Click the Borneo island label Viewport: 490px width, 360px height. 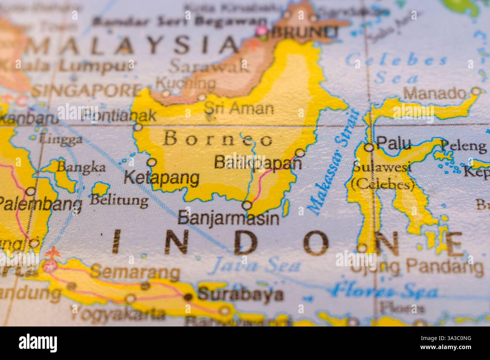point(218,139)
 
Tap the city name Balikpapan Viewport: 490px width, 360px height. point(258,162)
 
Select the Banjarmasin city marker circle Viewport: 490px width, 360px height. point(247,206)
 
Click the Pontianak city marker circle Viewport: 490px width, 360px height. point(138,127)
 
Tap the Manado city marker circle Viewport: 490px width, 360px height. point(477,91)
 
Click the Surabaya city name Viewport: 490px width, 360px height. point(240,294)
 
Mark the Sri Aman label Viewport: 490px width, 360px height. point(239,108)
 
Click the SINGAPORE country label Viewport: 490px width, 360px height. point(86,91)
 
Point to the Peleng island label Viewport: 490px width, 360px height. point(463,146)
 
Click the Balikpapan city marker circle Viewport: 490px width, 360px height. point(300,153)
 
